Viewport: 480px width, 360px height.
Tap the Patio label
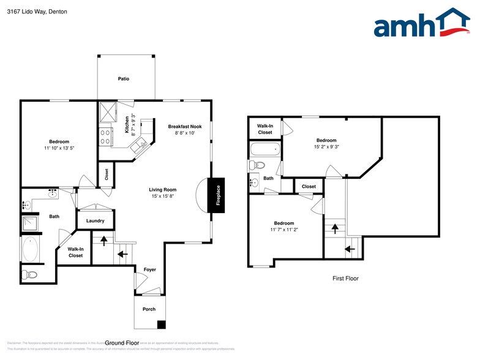pos(124,79)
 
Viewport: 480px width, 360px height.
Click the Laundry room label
pos(95,220)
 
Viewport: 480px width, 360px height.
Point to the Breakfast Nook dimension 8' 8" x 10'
pos(181,132)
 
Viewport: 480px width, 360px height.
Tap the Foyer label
pos(149,269)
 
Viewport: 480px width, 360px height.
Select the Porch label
pos(149,309)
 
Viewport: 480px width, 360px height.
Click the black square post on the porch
pos(161,324)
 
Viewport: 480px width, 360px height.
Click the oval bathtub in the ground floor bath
pos(30,250)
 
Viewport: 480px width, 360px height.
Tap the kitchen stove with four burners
pos(105,136)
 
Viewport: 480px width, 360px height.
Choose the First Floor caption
pos(345,279)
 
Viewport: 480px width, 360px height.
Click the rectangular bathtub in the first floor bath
pos(264,149)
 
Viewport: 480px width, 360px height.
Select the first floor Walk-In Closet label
pos(264,129)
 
